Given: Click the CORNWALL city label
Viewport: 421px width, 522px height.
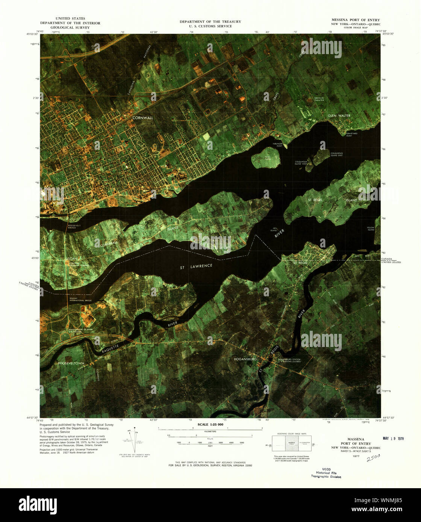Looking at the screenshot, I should pos(142,118).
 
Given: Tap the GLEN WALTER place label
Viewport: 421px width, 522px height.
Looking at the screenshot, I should pos(339,116).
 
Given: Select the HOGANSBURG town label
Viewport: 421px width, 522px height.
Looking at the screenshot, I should pos(245,359).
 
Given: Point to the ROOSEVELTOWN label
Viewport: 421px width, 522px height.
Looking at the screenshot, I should pos(71,364).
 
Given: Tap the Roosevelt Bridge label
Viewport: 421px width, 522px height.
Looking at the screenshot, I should pos(72,226).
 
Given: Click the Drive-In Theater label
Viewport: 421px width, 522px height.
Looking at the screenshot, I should pos(319,99).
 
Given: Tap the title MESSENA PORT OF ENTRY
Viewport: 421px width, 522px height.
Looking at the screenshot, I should pos(355,20).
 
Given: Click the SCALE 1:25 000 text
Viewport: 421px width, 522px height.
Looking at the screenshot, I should pos(210,424).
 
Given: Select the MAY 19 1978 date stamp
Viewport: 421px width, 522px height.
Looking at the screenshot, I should pos(393,439).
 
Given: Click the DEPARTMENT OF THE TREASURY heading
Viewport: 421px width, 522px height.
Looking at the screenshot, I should pos(210,22).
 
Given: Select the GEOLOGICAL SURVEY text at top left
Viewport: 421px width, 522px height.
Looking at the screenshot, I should pos(70,28).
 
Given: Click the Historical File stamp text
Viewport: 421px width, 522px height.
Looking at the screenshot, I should pos(326,473).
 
